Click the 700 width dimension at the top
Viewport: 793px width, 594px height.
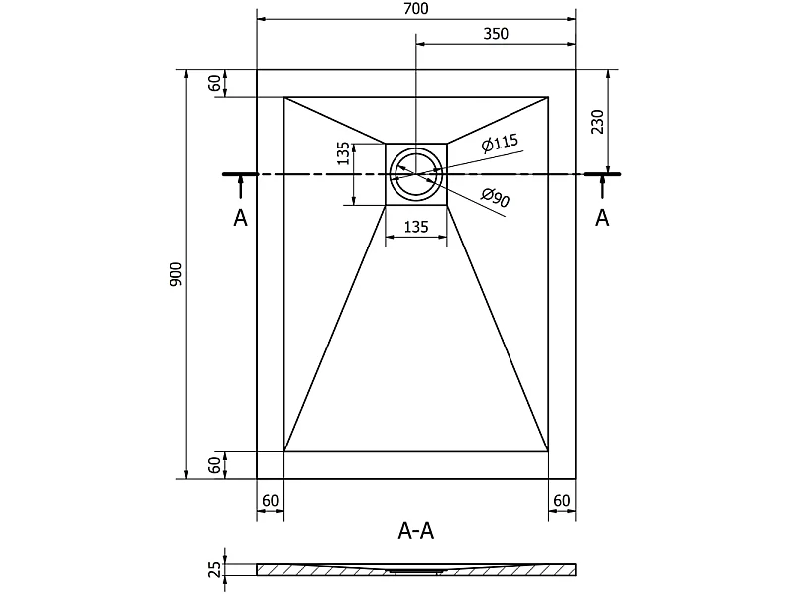pyautogui.click(x=416, y=9)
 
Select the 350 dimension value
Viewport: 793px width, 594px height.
pyautogui.click(x=496, y=34)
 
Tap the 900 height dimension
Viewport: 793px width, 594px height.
pyautogui.click(x=175, y=275)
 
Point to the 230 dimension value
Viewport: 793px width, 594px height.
pyautogui.click(x=598, y=121)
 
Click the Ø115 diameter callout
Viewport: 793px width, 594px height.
pyautogui.click(x=501, y=143)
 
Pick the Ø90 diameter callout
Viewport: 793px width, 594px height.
pyautogui.click(x=495, y=197)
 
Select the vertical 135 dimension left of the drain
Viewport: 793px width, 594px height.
pyautogui.click(x=343, y=153)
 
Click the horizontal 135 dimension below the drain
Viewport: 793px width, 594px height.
pyautogui.click(x=416, y=227)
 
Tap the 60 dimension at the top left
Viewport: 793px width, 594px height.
pyautogui.click(x=215, y=83)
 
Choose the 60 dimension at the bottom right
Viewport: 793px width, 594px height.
pyautogui.click(x=562, y=501)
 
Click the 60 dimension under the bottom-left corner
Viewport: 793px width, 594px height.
pyautogui.click(x=270, y=501)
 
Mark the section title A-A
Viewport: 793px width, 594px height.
pyautogui.click(x=416, y=531)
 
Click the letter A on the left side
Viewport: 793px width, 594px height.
pyautogui.click(x=240, y=218)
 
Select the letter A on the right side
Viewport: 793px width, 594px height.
pyautogui.click(x=602, y=218)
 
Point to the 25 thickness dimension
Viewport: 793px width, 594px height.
pyautogui.click(x=215, y=569)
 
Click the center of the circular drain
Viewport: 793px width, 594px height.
pyautogui.click(x=416, y=174)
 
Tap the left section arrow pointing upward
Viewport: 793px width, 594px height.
pyautogui.click(x=240, y=186)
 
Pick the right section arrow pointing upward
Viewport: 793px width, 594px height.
pyautogui.click(x=602, y=186)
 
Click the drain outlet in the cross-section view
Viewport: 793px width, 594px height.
pyautogui.click(x=416, y=571)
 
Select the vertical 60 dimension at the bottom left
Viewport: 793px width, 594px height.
pyautogui.click(x=215, y=465)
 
